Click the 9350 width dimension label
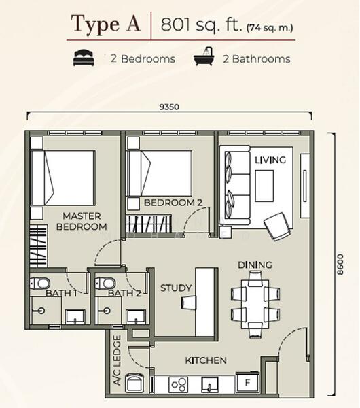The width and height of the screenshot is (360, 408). [169, 107]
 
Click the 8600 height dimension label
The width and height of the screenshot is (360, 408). [340, 265]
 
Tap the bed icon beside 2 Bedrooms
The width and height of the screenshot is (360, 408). [84, 58]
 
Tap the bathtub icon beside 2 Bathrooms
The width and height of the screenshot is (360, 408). [204, 56]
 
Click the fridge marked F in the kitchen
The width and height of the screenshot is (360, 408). [247, 382]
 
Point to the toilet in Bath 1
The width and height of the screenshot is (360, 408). [39, 283]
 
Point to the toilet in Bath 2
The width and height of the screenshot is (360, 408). [105, 283]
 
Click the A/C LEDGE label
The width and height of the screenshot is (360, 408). [118, 360]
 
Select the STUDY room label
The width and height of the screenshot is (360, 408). [176, 288]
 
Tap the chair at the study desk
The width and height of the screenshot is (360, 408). [189, 303]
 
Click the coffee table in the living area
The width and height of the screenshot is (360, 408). [264, 186]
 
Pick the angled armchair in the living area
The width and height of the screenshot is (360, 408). [277, 226]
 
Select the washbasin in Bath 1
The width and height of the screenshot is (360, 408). [75, 317]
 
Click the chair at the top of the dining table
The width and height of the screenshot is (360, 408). [255, 279]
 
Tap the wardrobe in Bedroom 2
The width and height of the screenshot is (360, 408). [149, 224]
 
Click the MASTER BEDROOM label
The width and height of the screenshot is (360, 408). [82, 221]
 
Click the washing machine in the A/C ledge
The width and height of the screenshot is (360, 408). [134, 383]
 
